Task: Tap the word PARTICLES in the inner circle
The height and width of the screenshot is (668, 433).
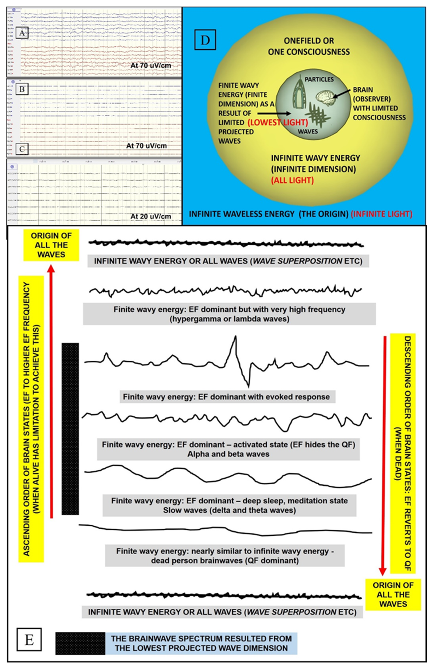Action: click(x=319, y=79)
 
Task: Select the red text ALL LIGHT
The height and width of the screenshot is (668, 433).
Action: click(x=292, y=180)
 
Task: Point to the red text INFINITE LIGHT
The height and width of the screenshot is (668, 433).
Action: click(x=382, y=214)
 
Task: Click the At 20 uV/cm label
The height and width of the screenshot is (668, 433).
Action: click(x=150, y=216)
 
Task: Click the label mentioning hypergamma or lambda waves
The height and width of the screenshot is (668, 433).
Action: click(x=229, y=314)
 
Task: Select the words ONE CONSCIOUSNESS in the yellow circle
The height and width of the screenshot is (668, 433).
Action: click(x=309, y=52)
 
